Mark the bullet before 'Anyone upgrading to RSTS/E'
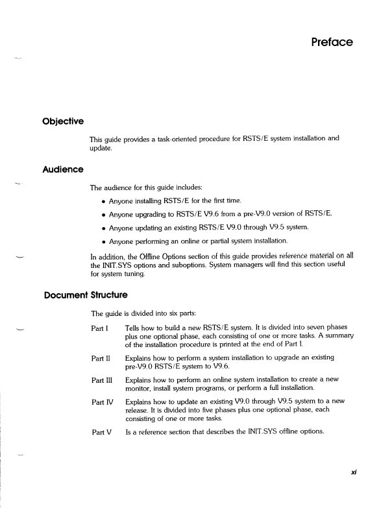[104, 214]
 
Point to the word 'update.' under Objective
[102, 149]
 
